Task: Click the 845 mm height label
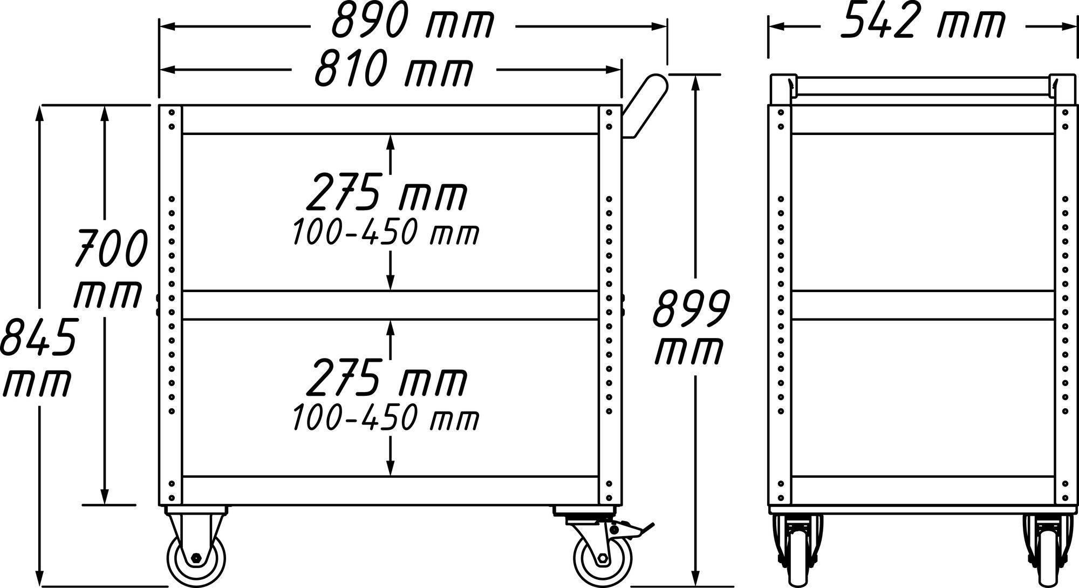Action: pos(37,356)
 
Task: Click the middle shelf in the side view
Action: pos(390,305)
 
